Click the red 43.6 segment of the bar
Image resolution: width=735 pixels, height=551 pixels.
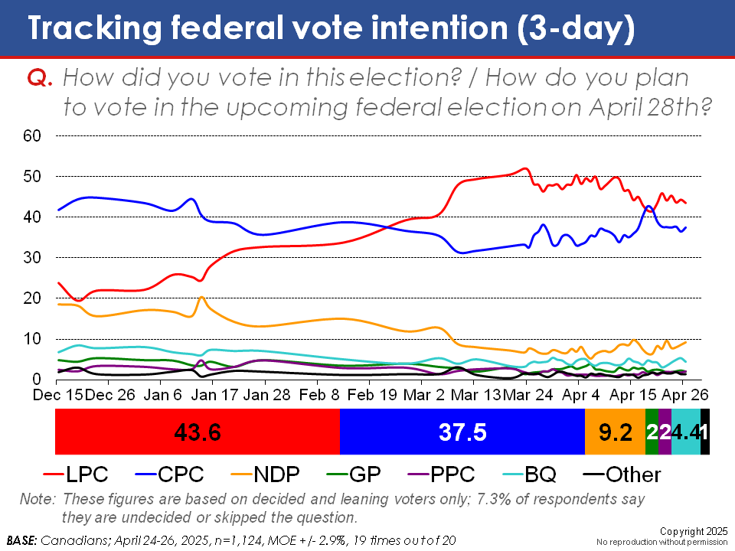point(197,432)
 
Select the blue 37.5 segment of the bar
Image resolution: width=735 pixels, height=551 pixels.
point(462,432)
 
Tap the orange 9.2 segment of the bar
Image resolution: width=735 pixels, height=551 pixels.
point(615,432)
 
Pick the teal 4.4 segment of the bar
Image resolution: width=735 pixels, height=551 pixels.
point(686,432)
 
